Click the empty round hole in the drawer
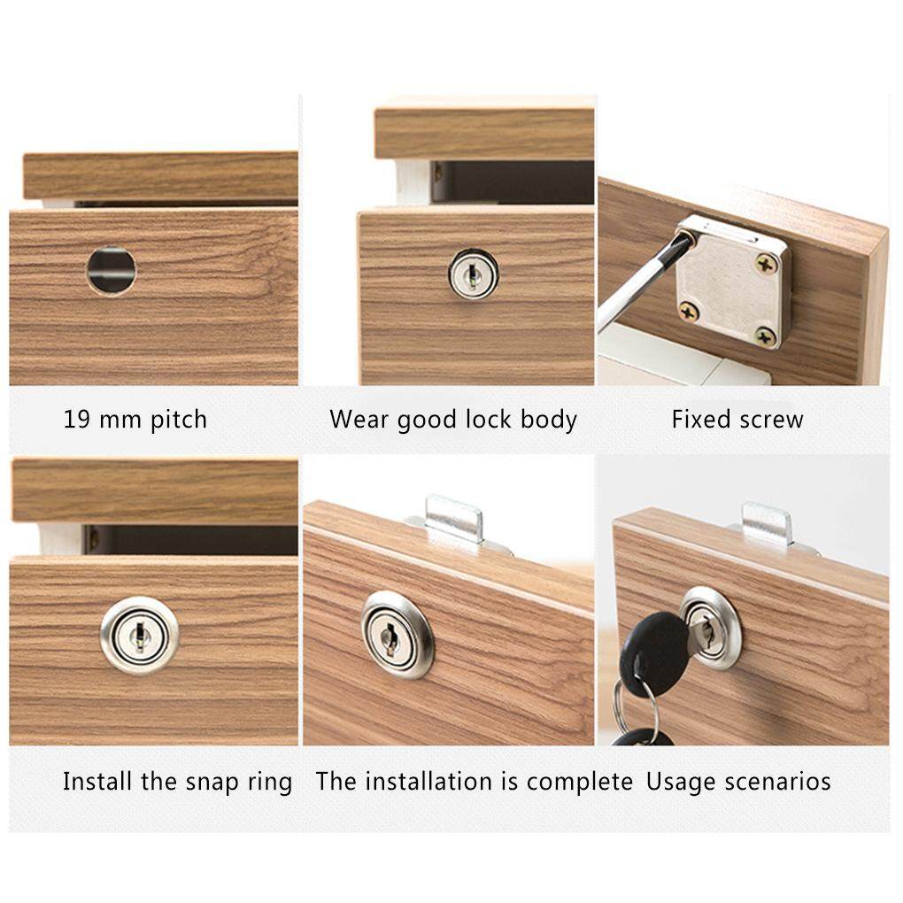tap(112, 270)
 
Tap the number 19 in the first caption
tap(77, 420)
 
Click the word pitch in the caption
tap(179, 421)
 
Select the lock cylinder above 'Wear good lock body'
tap(474, 274)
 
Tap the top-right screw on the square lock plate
tap(766, 266)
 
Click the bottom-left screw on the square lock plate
tap(689, 313)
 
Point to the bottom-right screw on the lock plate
tap(766, 337)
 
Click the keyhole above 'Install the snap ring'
tap(139, 636)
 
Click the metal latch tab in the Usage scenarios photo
tap(767, 524)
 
